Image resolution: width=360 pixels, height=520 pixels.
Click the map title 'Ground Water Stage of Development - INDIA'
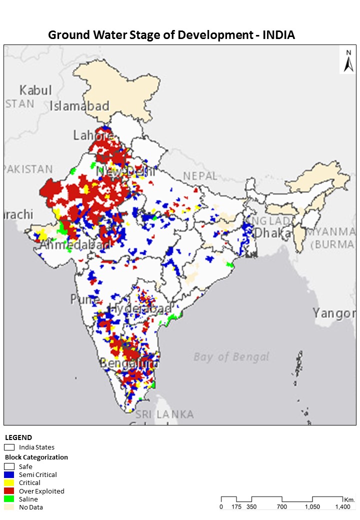pos(171,35)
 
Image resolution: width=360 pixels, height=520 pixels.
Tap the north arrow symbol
pos(348,61)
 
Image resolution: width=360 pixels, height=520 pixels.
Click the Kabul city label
pos(35,90)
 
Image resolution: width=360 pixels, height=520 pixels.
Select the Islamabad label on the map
pos(79,106)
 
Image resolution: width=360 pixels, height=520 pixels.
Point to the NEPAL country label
pos(200,176)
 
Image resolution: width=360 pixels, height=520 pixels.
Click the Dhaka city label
pos(272,233)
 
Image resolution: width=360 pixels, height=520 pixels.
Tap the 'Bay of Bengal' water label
pos(231,356)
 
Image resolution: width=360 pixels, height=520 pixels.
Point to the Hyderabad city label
pos(140,309)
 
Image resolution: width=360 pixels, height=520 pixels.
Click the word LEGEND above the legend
pos(18,437)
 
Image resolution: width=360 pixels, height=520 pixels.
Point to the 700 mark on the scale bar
pos(282,506)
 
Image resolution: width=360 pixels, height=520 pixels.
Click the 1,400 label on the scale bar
pos(342,506)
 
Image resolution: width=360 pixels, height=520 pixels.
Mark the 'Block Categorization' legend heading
pos(36,457)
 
